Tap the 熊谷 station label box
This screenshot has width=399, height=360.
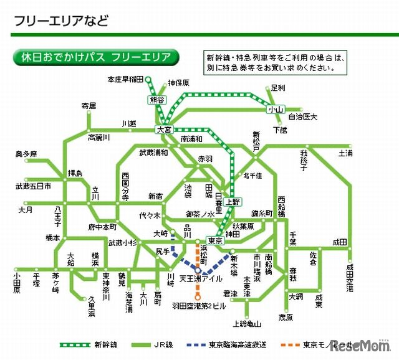(156, 100)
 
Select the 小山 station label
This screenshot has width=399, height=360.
(275, 110)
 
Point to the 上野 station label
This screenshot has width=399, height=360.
(233, 202)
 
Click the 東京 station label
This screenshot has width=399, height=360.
(215, 241)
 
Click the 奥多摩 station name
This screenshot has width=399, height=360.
(26, 154)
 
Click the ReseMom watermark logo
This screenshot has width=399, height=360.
(359, 344)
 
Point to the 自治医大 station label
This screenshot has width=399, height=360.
(302, 116)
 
